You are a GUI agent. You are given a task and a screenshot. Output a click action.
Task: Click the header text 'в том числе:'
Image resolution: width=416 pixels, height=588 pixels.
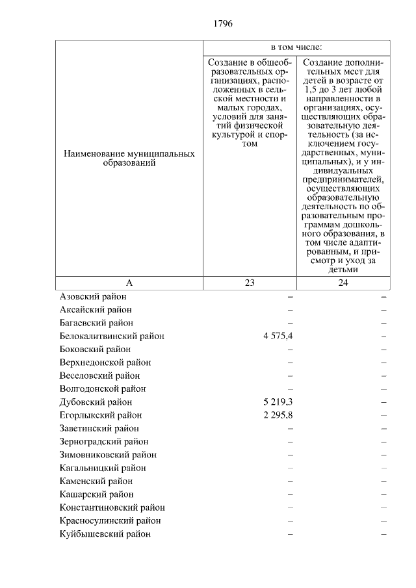pos(296,48)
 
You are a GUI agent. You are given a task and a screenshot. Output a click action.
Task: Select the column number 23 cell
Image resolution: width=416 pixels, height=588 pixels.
pos(250,283)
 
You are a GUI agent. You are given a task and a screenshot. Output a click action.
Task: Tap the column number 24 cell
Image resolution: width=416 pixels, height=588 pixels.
pos(343,283)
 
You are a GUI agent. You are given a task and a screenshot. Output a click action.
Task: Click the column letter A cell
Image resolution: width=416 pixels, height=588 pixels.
pos(129,283)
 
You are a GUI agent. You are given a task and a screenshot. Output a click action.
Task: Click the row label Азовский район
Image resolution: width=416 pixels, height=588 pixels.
pos(92,296)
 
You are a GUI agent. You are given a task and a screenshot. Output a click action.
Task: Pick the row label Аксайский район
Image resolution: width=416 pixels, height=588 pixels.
pos(96,309)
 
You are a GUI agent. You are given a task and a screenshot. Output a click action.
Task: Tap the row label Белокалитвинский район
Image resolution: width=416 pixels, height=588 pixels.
pos(111,336)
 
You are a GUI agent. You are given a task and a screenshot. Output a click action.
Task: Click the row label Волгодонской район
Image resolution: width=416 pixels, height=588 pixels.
pos(102,389)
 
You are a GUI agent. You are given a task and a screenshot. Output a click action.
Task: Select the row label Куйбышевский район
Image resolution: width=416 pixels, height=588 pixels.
pos(105,534)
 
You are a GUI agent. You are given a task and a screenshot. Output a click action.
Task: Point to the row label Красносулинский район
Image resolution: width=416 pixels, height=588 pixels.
pos(110,520)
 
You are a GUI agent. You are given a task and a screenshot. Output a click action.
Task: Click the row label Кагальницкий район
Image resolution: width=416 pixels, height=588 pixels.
pos(102,468)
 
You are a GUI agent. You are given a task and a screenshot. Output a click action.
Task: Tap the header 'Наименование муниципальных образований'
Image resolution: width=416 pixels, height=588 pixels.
pos(129,159)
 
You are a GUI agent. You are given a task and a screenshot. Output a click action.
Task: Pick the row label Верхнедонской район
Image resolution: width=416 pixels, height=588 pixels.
pos(105,362)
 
